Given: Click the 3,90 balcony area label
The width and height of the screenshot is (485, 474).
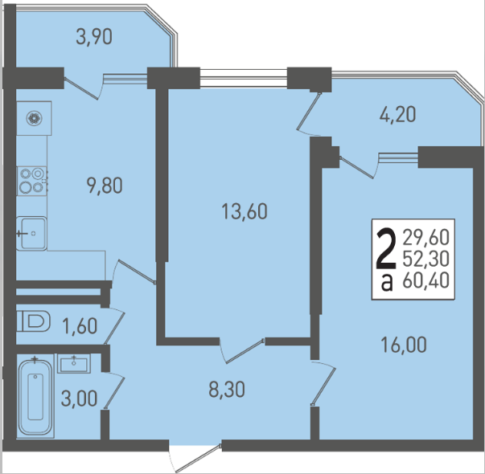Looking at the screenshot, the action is [94, 37].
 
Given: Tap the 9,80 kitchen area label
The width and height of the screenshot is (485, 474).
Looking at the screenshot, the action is [105, 186].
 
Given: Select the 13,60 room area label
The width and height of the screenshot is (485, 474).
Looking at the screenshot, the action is [245, 211].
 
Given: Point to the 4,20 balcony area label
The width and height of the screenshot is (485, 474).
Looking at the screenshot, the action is [398, 115].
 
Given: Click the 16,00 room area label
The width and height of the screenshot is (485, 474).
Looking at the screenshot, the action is [404, 345].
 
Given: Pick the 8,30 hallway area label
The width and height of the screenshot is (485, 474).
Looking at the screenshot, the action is [227, 390].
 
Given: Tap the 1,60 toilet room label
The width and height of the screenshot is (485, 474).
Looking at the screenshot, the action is [80, 326].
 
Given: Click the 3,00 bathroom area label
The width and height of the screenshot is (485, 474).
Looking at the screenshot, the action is [79, 398].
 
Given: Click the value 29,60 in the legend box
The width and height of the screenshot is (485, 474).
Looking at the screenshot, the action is [425, 238].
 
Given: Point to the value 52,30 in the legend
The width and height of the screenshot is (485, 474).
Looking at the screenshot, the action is [425, 259].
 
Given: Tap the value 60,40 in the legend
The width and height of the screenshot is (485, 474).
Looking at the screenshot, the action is [425, 281].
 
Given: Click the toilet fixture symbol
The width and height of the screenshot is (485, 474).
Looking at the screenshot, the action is [34, 321].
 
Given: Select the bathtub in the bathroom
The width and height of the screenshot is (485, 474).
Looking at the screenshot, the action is [35, 398].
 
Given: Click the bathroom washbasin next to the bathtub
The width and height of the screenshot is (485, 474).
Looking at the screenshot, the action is [74, 364].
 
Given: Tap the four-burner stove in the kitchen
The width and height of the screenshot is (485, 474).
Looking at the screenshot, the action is [32, 181].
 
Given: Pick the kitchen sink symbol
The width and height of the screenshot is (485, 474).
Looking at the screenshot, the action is [31, 233].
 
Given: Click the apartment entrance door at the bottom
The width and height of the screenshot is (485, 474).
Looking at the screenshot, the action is [195, 457].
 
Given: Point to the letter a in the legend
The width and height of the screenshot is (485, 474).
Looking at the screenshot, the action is [387, 283].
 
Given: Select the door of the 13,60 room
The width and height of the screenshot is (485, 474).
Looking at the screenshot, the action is [242, 351].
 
